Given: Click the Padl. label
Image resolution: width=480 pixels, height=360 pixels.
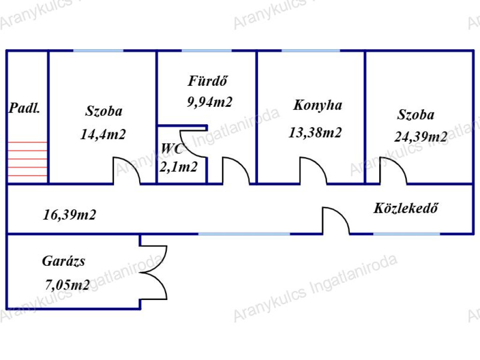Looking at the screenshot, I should click(x=24, y=109).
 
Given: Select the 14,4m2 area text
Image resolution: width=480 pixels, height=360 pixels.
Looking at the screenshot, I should click(x=103, y=135).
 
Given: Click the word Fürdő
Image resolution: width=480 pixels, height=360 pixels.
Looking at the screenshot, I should click(x=208, y=81).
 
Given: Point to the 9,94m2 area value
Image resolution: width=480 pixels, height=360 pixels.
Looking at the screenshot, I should click(x=210, y=102).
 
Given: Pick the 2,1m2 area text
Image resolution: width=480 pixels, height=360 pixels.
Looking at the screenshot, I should click(x=178, y=166).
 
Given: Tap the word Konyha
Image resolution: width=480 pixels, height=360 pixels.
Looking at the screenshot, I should click(x=318, y=105).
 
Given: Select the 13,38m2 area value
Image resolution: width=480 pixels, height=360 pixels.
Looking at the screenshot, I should click(x=315, y=133).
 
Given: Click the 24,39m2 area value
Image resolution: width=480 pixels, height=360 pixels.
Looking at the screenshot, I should click(x=420, y=137).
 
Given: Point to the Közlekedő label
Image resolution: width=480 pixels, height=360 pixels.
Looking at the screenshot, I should click(x=406, y=208).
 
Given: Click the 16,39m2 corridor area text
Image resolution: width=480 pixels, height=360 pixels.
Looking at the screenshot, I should click(x=69, y=215).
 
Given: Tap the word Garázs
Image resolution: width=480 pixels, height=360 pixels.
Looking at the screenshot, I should click(x=64, y=261).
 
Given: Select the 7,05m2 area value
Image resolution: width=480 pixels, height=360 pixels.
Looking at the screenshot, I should click(x=67, y=285).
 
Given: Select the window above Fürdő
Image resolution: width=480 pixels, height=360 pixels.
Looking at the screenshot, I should click(x=206, y=50).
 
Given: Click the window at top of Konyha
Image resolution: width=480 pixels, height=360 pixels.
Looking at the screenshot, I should click(x=311, y=50).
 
